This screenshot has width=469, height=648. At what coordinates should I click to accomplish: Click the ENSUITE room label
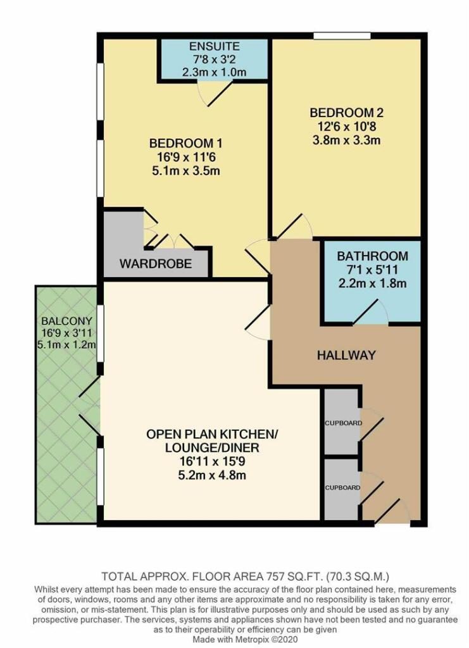pyautogui.click(x=214, y=46)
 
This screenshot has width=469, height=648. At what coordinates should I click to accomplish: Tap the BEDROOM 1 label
pyautogui.click(x=185, y=144)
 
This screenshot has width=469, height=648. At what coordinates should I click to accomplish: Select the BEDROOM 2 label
pyautogui.click(x=346, y=113)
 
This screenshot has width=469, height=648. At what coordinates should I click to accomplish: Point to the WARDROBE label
pyautogui.click(x=156, y=264)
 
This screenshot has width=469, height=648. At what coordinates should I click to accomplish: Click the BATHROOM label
pyautogui.click(x=372, y=256)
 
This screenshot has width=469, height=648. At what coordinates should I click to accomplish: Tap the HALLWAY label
pyautogui.click(x=346, y=355)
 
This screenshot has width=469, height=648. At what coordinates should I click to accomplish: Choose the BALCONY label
pyautogui.click(x=66, y=321)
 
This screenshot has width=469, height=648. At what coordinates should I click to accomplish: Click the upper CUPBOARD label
pyautogui.click(x=343, y=423)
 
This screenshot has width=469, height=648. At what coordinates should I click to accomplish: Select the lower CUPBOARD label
pyautogui.click(x=342, y=488)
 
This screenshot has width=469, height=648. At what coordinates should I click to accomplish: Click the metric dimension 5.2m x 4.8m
pyautogui.click(x=212, y=475)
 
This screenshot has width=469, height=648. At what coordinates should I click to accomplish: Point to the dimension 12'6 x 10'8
pyautogui.click(x=346, y=126)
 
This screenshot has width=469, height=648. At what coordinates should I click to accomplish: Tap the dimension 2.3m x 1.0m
pyautogui.click(x=214, y=72)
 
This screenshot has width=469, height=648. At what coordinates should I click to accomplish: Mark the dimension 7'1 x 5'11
pyautogui.click(x=372, y=270)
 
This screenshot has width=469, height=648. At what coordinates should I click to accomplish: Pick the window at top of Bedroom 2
pyautogui.click(x=342, y=36)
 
